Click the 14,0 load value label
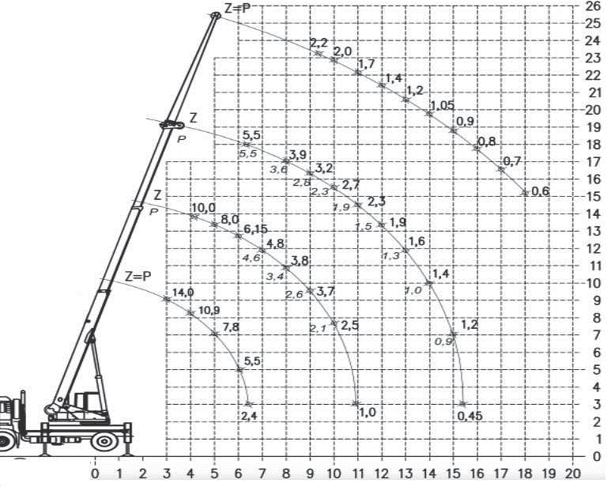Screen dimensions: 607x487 click(x=183, y=293)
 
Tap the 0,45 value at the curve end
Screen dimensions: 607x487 click(x=470, y=416)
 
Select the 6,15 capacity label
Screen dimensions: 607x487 click(x=255, y=229)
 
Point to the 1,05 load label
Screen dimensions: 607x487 click(x=443, y=105)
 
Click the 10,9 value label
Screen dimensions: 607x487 click(x=209, y=310)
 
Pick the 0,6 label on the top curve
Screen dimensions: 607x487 click(x=541, y=191)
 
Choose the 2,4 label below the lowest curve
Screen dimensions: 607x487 click(x=249, y=416)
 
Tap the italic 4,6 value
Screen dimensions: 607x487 click(x=252, y=258)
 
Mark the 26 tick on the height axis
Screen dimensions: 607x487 click(x=592, y=6)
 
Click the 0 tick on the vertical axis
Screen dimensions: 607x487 click(x=597, y=456)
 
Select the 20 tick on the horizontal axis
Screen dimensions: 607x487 click(x=573, y=474)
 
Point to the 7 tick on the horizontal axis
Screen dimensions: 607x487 click(x=262, y=474)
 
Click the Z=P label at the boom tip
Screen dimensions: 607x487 click(x=238, y=8)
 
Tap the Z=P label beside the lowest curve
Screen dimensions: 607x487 click(x=138, y=277)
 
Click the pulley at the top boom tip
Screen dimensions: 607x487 click(x=215, y=16)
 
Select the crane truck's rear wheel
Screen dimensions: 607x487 click(x=104, y=440)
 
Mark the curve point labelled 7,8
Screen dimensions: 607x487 click(x=215, y=334)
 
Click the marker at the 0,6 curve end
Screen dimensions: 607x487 click(x=525, y=193)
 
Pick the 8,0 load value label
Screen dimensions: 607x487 click(x=230, y=220)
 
